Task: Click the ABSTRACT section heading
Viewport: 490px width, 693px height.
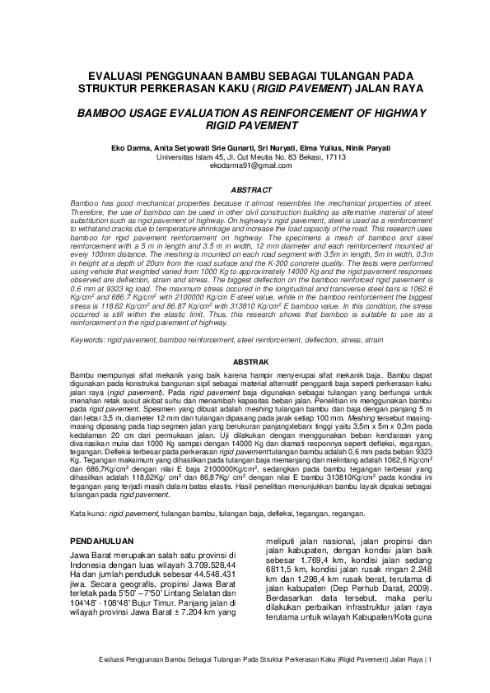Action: coord(245,188)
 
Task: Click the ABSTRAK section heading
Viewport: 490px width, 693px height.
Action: coord(245,361)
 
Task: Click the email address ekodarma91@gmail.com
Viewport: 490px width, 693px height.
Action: coord(245,165)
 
